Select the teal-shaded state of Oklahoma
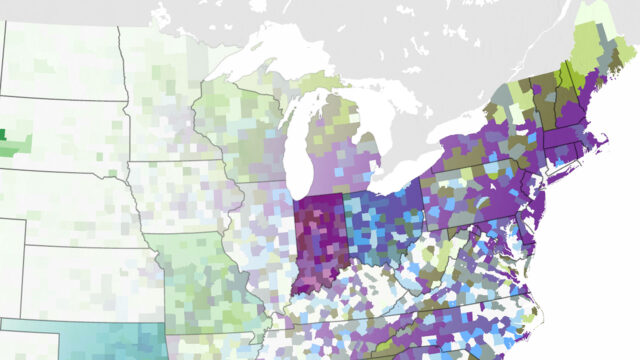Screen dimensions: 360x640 point(100,340)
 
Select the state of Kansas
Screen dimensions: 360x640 point(90,280)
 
